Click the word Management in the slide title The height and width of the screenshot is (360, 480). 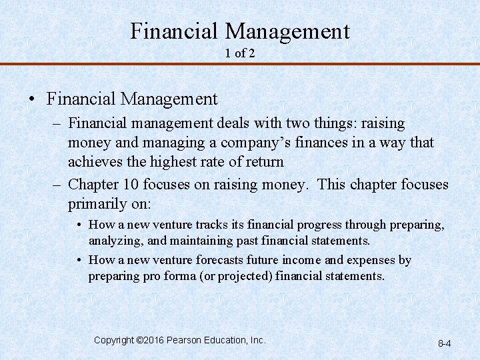[x=287, y=31]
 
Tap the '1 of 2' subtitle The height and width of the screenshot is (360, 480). [x=240, y=53]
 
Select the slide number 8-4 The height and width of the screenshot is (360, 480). [x=445, y=343]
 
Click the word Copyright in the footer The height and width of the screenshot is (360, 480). [x=113, y=340]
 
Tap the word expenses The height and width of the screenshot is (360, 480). [x=374, y=260]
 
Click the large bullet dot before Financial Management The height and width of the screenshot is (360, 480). [x=32, y=100]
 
